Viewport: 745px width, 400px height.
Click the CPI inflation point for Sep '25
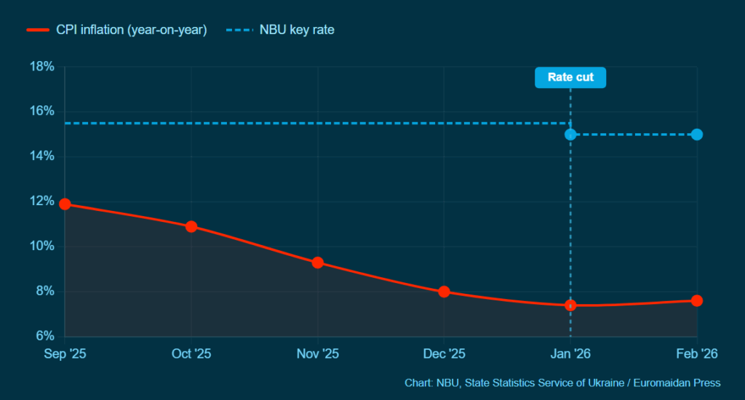click(65, 204)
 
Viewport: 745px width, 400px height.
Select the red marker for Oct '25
click(191, 226)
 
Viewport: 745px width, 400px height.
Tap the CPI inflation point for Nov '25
click(318, 263)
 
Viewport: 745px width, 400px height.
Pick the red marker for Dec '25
click(445, 292)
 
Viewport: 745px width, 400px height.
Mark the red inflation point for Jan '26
click(570, 305)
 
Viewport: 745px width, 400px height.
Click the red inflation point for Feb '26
click(697, 300)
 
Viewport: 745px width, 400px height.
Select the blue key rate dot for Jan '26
click(570, 135)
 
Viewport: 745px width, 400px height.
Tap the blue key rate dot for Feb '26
click(697, 135)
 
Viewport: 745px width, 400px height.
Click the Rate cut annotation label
click(570, 77)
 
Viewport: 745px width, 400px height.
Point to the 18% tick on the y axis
click(42, 67)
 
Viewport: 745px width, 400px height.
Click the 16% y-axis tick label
click(42, 111)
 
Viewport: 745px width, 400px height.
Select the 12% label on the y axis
click(42, 201)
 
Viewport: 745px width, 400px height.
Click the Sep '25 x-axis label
click(65, 353)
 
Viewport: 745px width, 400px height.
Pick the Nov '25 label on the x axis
click(318, 353)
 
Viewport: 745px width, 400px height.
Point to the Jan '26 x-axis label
click(570, 353)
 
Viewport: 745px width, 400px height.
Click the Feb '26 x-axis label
click(697, 353)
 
